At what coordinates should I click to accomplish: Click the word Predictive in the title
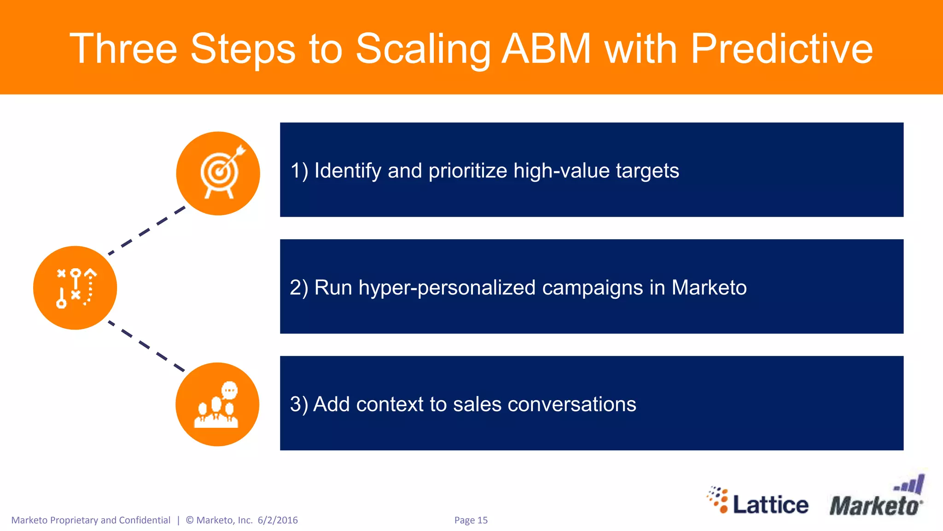click(x=781, y=49)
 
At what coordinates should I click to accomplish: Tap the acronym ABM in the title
click(x=546, y=49)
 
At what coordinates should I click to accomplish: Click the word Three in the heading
click(x=123, y=49)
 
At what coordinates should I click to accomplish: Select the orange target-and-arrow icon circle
click(x=218, y=173)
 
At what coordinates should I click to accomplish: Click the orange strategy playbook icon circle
click(x=75, y=288)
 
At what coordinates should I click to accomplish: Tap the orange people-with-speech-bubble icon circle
click(x=217, y=404)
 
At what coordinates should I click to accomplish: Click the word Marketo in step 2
click(x=709, y=288)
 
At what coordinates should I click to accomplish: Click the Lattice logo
click(x=758, y=502)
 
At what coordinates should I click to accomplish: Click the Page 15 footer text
click(x=471, y=520)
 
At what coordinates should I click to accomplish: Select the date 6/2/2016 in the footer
click(x=278, y=520)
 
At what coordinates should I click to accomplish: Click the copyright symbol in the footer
click(x=190, y=520)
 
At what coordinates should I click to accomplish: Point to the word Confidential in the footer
click(x=145, y=520)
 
